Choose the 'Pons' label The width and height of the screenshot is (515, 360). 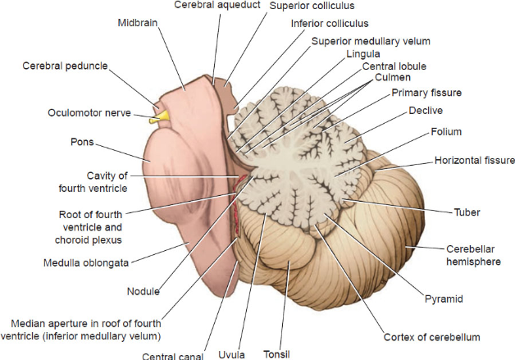pyautogui.click(x=81, y=142)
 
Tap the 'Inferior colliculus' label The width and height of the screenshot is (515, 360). pyautogui.click(x=330, y=23)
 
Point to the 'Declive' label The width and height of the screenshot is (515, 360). pyautogui.click(x=426, y=111)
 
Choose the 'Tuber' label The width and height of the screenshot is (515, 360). pyautogui.click(x=467, y=212)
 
